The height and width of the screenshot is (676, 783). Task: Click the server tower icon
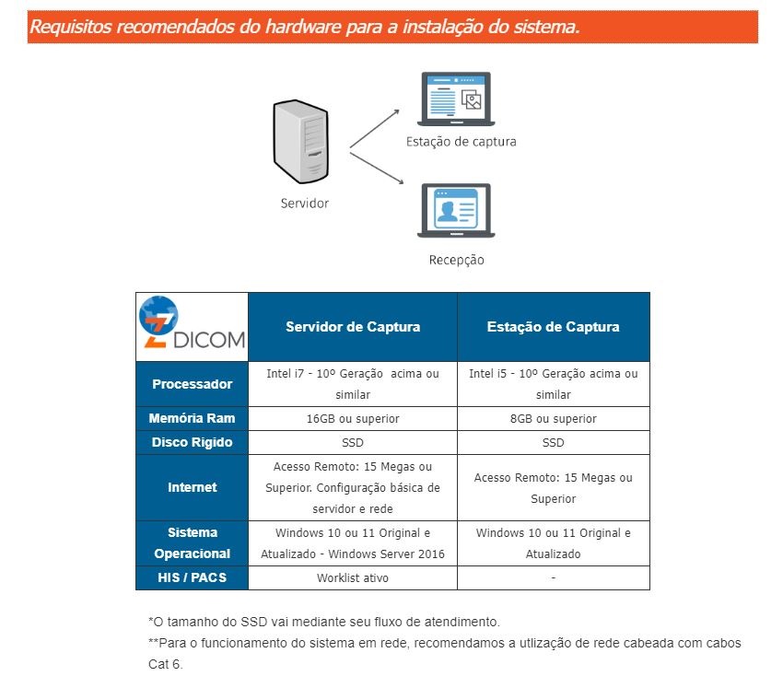[x=300, y=142]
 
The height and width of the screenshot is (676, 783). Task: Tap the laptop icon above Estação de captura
[x=456, y=99]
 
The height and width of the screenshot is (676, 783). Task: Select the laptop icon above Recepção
[x=456, y=211]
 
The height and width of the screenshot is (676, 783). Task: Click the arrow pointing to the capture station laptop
[x=375, y=129]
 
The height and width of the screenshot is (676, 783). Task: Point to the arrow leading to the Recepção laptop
[x=377, y=169]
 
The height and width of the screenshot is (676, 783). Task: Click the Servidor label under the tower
[x=305, y=204]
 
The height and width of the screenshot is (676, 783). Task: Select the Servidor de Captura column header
[x=353, y=327]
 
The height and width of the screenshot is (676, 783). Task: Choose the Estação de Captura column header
[x=554, y=327]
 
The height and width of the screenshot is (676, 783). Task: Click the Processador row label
[x=193, y=384]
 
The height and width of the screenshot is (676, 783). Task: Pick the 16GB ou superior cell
[x=353, y=418]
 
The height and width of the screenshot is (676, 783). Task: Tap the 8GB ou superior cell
[x=554, y=418]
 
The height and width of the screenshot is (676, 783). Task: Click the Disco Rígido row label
[x=193, y=442]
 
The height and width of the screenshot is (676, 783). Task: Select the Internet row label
[x=193, y=487]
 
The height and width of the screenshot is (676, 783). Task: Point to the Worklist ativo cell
[x=353, y=577]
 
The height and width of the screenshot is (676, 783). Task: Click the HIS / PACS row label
[x=193, y=577]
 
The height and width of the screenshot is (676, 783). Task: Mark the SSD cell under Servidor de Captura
[x=353, y=442]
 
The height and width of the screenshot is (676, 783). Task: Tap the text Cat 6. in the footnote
[x=166, y=664]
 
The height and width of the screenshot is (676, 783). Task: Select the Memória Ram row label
[x=193, y=418]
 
